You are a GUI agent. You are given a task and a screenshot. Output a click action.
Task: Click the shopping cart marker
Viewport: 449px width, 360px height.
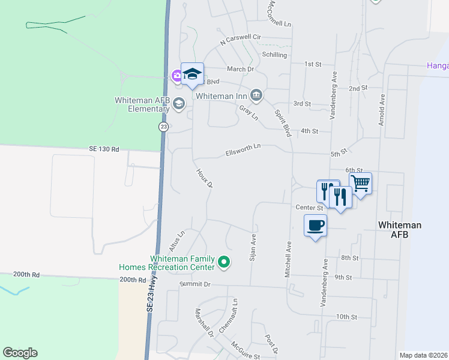360,183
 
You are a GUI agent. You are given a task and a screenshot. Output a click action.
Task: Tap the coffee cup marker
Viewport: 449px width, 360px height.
315,226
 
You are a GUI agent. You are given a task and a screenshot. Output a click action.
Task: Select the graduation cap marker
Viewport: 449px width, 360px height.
192,74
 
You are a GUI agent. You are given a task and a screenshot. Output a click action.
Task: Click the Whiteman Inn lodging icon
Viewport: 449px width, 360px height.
256,95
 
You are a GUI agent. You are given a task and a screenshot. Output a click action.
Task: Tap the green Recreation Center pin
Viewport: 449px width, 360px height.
224,262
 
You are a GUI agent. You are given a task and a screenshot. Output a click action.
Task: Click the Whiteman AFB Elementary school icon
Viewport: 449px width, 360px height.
178,104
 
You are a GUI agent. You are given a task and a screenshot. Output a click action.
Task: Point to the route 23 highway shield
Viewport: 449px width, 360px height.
163,127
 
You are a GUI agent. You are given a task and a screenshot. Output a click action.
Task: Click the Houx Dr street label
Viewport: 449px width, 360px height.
205,178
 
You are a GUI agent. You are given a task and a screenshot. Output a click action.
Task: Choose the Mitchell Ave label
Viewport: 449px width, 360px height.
288,259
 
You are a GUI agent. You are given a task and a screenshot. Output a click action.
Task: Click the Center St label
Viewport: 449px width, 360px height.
310,208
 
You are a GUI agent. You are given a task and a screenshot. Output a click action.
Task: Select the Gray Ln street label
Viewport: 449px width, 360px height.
248,112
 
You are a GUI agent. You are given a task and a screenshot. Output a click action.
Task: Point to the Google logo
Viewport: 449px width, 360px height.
20,353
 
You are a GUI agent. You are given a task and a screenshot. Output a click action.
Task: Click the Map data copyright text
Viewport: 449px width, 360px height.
423,355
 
